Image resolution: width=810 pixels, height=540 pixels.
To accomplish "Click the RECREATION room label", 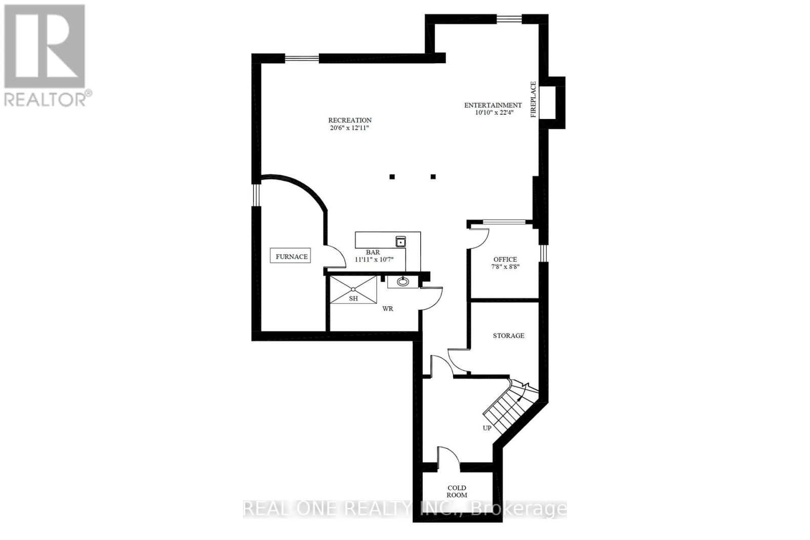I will click(350, 120).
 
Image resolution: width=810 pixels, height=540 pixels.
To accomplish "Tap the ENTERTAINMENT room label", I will click(493, 105).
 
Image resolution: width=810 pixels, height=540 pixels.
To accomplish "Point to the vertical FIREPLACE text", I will click(533, 100).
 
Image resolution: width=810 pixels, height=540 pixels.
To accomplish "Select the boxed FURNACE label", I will click(291, 257).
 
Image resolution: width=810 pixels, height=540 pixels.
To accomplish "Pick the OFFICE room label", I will click(505, 259).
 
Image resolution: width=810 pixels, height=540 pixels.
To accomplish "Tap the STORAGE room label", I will click(508, 336).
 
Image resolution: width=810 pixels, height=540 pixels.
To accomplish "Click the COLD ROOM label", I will click(457, 491).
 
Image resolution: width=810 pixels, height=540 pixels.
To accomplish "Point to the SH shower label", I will click(353, 299).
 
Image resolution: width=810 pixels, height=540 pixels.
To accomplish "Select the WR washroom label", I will click(388, 308).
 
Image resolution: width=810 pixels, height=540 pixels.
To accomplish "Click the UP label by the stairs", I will click(487, 428).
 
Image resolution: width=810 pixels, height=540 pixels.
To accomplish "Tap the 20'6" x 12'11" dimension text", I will click(350, 128).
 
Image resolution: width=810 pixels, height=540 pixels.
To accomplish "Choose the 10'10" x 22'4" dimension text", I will click(493, 113).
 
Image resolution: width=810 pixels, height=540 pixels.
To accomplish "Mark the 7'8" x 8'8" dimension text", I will click(505, 267).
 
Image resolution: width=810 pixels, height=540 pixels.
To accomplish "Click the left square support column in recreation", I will click(392, 177).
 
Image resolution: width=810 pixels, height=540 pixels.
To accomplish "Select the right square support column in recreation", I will click(433, 177).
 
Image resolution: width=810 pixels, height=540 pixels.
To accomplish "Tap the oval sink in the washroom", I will click(403, 281).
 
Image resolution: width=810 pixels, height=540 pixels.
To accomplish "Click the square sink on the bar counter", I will click(400, 242).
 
